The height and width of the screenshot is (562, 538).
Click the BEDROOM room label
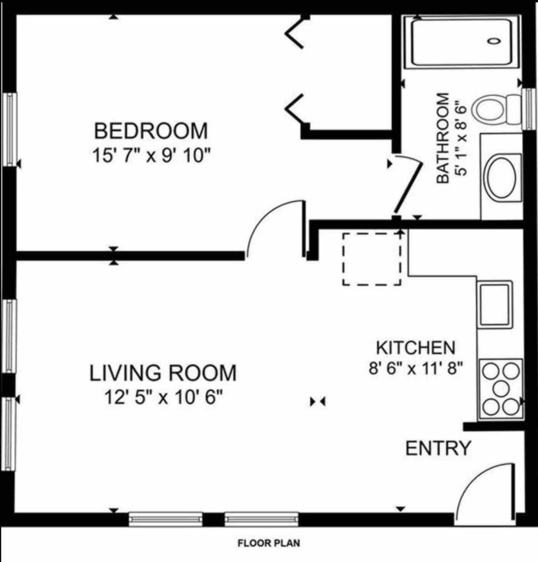[151, 131]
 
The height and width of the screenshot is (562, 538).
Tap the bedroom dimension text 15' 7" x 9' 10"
[151, 156]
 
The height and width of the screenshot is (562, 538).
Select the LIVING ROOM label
[163, 373]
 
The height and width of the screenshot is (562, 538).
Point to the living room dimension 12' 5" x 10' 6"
[163, 397]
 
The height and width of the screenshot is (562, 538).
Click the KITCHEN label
[416, 348]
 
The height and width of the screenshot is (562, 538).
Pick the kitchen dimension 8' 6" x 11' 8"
[416, 368]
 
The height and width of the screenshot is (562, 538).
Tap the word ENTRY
[438, 448]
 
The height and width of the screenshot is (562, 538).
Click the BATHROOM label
[443, 138]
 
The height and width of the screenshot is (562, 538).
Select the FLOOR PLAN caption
[269, 543]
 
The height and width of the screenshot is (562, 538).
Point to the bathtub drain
[494, 41]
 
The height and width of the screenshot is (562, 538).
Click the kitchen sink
[495, 304]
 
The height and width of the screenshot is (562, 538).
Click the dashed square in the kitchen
[372, 259]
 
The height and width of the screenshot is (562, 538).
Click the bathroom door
[408, 186]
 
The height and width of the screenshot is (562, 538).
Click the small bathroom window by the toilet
[528, 109]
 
